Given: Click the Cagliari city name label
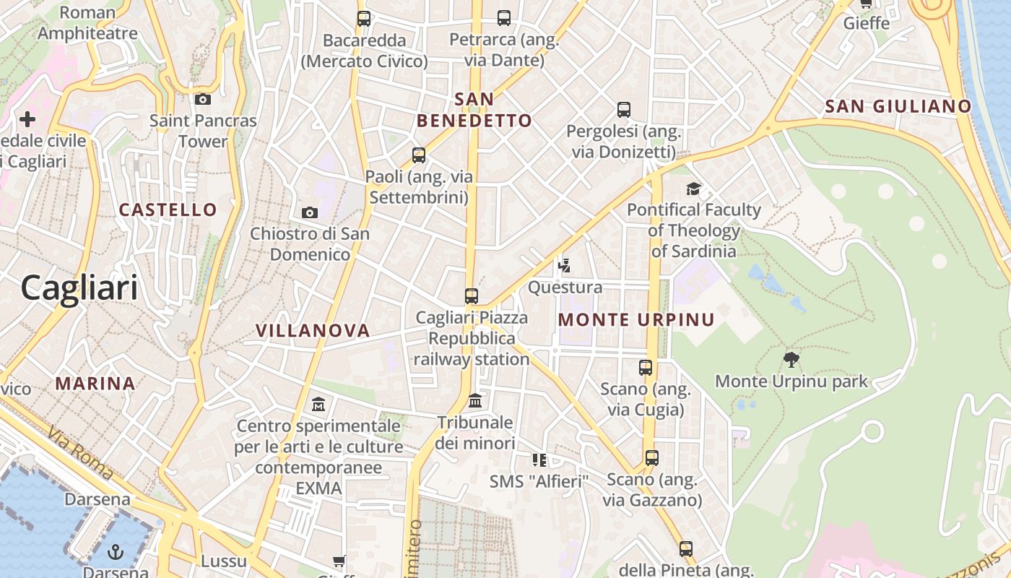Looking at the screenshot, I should pos(79,288).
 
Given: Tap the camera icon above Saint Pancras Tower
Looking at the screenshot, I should pos(203,99).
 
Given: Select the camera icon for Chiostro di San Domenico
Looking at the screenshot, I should pos(309,212).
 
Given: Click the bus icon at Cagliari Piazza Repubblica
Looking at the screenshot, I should pos(472,296).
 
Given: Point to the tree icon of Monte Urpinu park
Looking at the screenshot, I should pos(791,359).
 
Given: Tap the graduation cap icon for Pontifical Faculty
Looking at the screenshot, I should pos(694,189).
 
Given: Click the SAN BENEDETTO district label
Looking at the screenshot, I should pos(474,110).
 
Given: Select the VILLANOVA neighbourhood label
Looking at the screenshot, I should pos(313,331).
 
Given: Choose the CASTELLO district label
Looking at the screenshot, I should pos(168,210).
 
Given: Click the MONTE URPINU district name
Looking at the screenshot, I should pos(636,319).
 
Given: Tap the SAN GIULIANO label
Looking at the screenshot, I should pos(898,106).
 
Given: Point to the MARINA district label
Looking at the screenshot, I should pos(95,384).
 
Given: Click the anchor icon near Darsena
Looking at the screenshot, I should pos(115,553).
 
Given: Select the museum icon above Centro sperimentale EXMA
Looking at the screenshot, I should pos(318,404).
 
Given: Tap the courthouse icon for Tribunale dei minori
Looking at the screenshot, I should pos(475,400).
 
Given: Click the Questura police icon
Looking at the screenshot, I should pos(565,266).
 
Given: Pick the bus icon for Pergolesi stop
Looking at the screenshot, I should pos(624,110).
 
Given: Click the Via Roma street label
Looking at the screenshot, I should pos(80,454).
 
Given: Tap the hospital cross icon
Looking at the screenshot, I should pos(27,119).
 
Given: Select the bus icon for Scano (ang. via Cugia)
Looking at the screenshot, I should pos(646,368).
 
